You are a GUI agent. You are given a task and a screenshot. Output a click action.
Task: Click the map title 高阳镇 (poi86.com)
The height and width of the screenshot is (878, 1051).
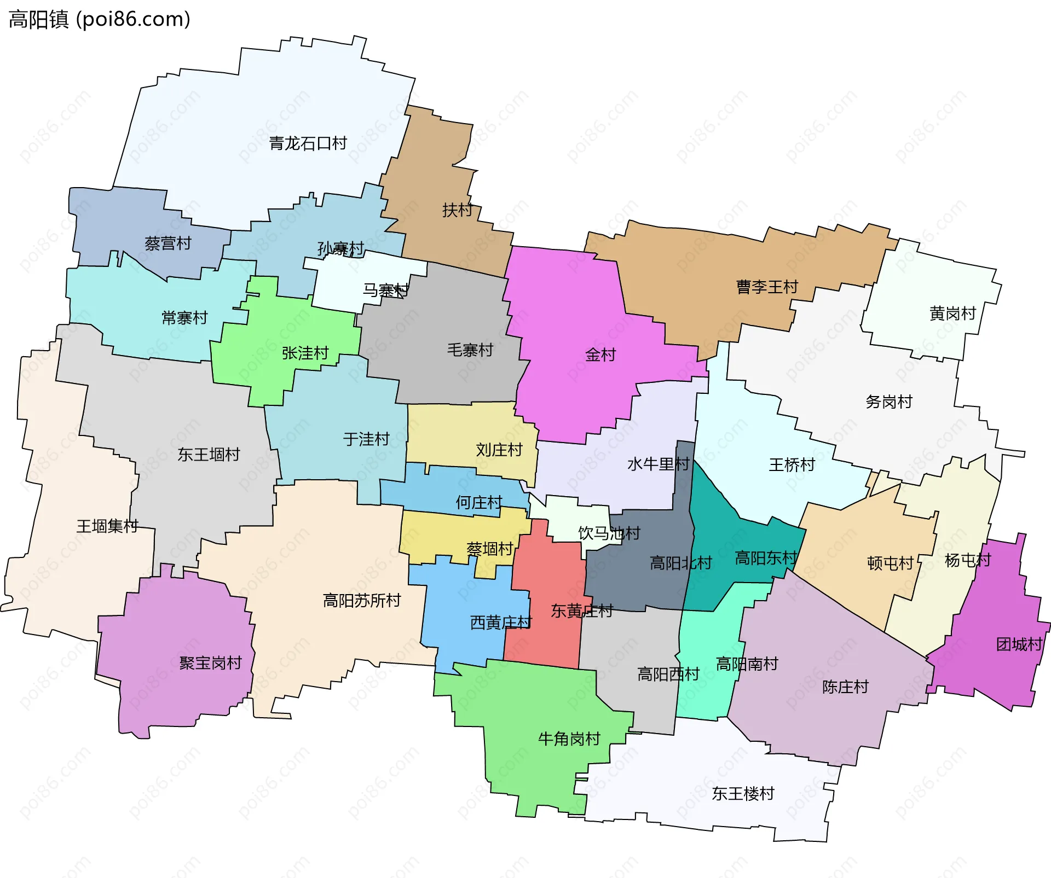[99, 19]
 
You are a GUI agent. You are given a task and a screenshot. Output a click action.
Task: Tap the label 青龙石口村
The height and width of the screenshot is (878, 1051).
[308, 143]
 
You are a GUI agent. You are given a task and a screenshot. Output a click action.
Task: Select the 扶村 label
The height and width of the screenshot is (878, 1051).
[457, 210]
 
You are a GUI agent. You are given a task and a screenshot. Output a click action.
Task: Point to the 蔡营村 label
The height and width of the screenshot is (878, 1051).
[168, 243]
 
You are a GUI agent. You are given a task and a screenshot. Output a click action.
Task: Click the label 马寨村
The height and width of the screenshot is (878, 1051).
[385, 290]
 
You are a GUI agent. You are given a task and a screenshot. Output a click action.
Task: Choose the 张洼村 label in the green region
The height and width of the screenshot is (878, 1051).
[305, 353]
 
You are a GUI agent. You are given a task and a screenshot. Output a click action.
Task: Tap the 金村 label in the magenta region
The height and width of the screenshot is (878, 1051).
[600, 355]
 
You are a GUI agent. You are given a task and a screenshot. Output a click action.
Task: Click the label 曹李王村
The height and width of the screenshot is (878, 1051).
[766, 287]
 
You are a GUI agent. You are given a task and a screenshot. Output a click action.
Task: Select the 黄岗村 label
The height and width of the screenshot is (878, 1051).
[952, 313]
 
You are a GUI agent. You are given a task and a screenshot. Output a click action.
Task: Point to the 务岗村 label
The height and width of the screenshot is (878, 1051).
[888, 402]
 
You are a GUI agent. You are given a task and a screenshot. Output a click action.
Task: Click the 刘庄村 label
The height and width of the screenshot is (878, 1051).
[499, 450]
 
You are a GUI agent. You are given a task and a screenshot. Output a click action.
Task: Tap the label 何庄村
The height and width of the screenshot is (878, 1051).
[478, 502]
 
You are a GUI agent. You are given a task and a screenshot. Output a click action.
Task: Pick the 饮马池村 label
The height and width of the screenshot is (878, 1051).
[609, 533]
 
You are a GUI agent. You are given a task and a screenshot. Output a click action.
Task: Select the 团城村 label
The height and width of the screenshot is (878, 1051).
[1019, 644]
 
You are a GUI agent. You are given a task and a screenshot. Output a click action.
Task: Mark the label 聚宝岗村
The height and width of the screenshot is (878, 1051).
[210, 663]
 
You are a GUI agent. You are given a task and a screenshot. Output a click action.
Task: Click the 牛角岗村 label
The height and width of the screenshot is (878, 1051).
[569, 739]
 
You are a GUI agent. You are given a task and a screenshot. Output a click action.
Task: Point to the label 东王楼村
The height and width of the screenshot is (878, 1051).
[743, 793]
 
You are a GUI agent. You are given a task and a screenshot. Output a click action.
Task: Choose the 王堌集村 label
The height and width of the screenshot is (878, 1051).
[107, 526]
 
